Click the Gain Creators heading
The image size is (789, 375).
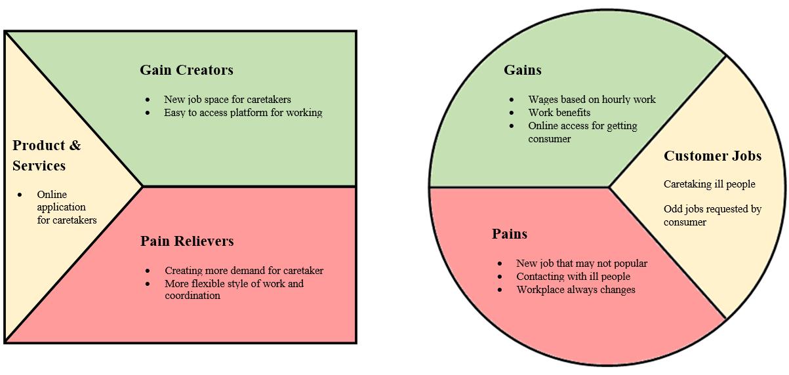coord(186,70)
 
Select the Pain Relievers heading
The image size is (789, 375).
coord(187,241)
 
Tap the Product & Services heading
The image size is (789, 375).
coord(47,155)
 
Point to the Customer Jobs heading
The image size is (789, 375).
coord(712,156)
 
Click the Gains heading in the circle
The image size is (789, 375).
coord(522,70)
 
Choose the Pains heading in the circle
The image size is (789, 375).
coord(509,234)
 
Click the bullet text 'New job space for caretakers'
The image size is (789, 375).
coord(227,100)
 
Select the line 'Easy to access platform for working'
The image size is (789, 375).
coord(243,113)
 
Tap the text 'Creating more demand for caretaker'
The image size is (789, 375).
coord(243,271)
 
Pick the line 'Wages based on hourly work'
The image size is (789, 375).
coord(592,100)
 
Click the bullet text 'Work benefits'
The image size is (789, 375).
coord(559,113)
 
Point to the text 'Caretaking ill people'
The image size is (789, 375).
coord(709,184)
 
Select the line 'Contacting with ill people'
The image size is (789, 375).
coord(573,277)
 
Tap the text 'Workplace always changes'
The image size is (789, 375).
coord(575,290)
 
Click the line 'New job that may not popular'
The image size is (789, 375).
coord(581,264)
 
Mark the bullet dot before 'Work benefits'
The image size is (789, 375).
coord(512,113)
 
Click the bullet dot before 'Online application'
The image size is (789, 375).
coord(20,195)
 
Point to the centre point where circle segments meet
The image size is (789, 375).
coord(609,187)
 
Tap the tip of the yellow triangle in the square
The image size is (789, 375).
coord(142,186)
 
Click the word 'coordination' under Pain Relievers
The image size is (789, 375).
coord(192,296)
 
